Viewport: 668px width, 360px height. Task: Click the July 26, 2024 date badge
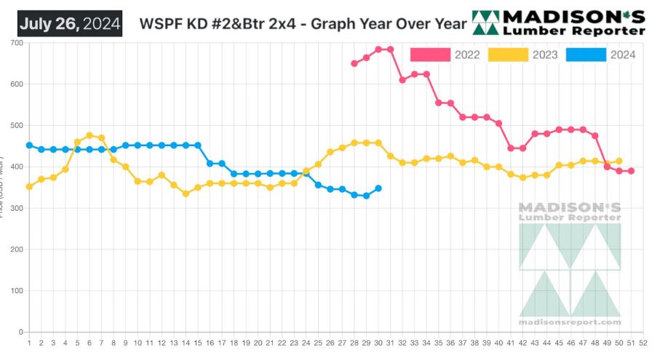coord(69,23)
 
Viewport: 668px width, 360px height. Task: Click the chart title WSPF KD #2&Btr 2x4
coord(305,23)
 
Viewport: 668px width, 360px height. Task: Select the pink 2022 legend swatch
coord(430,55)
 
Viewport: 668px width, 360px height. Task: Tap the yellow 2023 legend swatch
coord(507,55)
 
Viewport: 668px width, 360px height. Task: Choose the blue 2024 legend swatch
coord(586,55)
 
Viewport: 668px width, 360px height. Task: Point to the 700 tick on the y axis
coord(15,43)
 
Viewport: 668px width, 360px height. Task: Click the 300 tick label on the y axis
coord(15,209)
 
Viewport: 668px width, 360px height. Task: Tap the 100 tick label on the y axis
coord(15,291)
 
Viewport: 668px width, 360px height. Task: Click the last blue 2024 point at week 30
coord(378,188)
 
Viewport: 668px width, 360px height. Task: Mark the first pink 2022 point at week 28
coord(354,63)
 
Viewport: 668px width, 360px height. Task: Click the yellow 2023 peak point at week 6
coord(90,135)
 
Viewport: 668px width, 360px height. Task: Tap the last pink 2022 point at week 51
coord(631,171)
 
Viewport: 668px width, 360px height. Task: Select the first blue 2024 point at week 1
coord(29,145)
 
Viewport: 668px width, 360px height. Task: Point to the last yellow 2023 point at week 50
coord(619,161)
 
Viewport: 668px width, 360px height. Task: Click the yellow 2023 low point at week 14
coord(186,193)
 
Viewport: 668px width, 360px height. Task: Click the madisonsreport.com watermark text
coord(570,322)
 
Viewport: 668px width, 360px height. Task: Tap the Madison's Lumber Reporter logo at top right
coord(559,23)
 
